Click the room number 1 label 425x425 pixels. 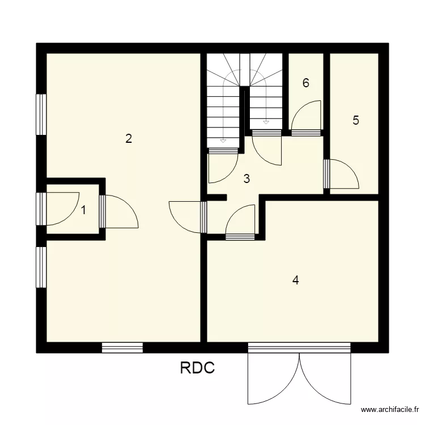(x=84, y=210)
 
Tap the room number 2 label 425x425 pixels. (x=129, y=138)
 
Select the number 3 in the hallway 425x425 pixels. (x=246, y=179)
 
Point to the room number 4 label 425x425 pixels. (x=295, y=280)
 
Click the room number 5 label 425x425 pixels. (x=356, y=120)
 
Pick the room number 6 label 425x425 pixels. (x=306, y=83)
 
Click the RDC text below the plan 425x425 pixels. (x=197, y=369)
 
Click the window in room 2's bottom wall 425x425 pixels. (x=122, y=347)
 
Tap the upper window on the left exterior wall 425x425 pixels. (x=41, y=114)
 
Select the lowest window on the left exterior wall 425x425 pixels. (x=41, y=266)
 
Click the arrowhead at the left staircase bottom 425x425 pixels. (x=223, y=139)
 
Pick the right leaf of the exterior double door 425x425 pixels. (x=325, y=377)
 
